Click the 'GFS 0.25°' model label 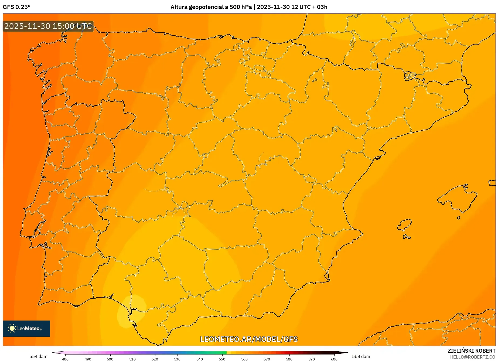click(x=16, y=7)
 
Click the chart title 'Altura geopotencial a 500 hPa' click(x=211, y=7)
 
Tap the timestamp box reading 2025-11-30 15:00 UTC click(x=48, y=26)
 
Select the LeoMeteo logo click(x=26, y=328)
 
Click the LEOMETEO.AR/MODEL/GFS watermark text click(x=249, y=339)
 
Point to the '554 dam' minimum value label click(x=38, y=356)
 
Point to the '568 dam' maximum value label click(x=361, y=356)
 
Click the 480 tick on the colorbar click(x=65, y=359)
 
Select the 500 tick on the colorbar click(x=110, y=359)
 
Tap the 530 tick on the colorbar click(x=177, y=359)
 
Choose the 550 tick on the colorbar click(x=222, y=359)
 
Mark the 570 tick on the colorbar click(x=267, y=359)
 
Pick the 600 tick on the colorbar click(x=334, y=359)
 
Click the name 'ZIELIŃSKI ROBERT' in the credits click(x=472, y=351)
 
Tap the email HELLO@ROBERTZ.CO click(x=473, y=357)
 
